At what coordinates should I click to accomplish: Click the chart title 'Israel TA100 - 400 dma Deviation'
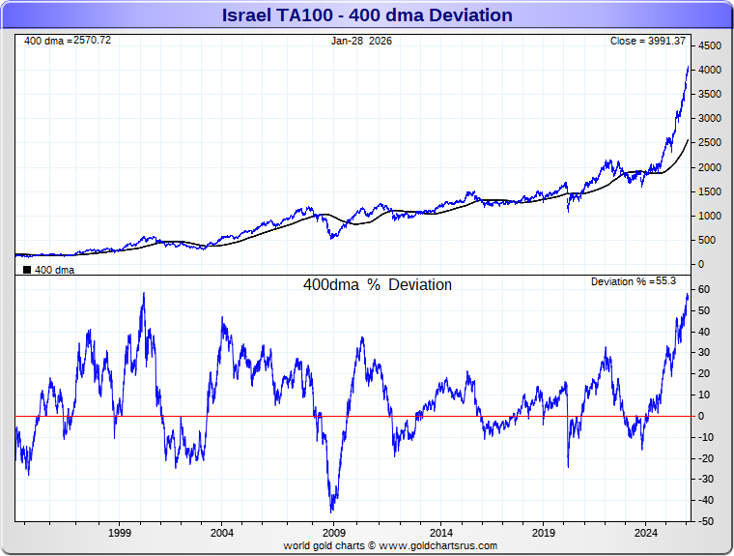click(367, 15)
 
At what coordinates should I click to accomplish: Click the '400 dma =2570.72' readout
click(68, 41)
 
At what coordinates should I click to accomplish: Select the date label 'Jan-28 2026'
click(361, 41)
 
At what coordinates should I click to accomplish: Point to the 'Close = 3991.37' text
click(647, 41)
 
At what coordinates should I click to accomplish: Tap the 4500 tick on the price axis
click(710, 46)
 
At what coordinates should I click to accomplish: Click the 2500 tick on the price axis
click(710, 143)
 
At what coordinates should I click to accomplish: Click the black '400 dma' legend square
click(27, 271)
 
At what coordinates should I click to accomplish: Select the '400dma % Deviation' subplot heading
click(378, 285)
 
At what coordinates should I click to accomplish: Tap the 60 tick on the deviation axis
click(705, 290)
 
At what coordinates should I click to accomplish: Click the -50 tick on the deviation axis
click(705, 521)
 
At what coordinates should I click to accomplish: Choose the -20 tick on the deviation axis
click(705, 458)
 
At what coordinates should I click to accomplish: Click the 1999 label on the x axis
click(120, 533)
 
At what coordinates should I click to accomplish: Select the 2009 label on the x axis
click(334, 533)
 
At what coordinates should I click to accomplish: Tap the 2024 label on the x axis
click(647, 533)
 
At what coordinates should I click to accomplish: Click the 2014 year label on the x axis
click(441, 533)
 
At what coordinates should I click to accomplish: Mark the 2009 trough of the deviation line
click(332, 511)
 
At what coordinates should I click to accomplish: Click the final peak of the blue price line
click(688, 67)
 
